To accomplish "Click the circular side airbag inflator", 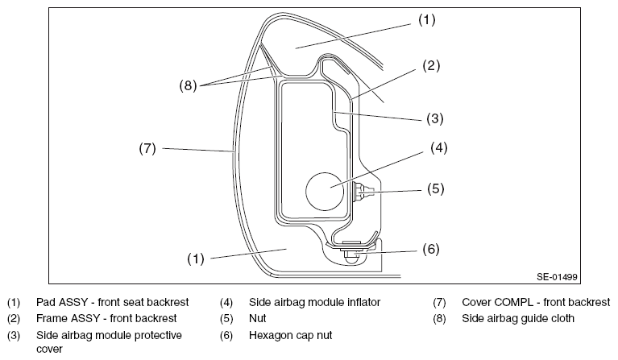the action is [325, 191].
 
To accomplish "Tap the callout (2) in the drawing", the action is [431, 66].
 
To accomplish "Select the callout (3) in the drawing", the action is [435, 118].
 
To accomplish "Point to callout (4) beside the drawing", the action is [438, 148].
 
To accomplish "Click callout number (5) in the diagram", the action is [436, 188].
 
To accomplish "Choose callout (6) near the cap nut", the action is [431, 250].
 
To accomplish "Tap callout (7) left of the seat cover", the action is [147, 148].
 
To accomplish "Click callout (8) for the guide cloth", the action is [188, 85].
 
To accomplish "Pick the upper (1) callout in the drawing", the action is [427, 19].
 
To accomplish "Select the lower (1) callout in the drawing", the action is [196, 259].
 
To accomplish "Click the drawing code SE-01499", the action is [557, 277].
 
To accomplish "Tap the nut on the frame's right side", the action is [363, 192].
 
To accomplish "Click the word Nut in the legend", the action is [257, 318].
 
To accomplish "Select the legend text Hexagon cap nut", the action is [291, 335].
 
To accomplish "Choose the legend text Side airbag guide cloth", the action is [518, 318].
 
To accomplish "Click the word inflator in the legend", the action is [363, 302].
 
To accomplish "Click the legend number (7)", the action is [439, 303].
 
